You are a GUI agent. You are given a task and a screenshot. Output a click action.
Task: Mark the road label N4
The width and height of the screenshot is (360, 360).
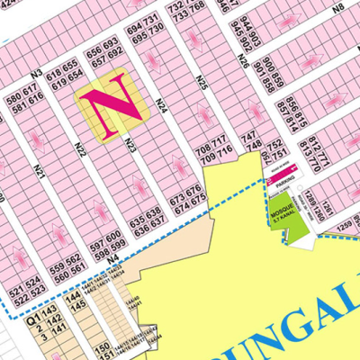coord(113,259)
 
